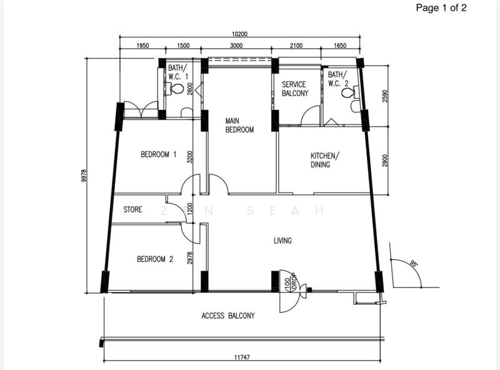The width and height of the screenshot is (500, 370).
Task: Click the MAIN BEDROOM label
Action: coord(239,126)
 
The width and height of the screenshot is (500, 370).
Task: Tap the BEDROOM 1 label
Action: coord(159,155)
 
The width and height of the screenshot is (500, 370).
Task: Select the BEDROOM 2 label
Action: coord(155,259)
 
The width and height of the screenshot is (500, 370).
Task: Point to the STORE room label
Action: coord(132,209)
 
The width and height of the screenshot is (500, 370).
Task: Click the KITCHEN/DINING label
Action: coord(325,160)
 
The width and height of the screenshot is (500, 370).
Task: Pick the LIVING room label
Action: coord(282,241)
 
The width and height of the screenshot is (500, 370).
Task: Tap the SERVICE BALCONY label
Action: coord(295,89)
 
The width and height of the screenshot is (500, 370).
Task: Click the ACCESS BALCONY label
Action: coord(228,316)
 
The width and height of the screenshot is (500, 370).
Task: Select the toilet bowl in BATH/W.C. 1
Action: coord(176,89)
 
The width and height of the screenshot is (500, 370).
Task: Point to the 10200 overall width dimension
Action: coord(240,34)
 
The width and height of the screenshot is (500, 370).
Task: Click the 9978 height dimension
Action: coord(84,176)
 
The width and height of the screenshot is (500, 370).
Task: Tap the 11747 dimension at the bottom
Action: coord(242,357)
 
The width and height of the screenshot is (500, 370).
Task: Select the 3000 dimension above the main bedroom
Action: coord(236,46)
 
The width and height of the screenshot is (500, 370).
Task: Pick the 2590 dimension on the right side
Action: coord(385,96)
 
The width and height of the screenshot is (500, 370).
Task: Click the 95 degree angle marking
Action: coord(413,264)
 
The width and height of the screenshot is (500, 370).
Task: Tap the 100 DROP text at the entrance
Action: coord(291,281)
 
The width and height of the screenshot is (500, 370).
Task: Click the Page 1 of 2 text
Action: coord(441,7)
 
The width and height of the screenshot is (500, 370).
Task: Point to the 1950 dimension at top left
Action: coord(142,46)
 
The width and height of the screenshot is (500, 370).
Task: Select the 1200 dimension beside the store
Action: coord(190,209)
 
